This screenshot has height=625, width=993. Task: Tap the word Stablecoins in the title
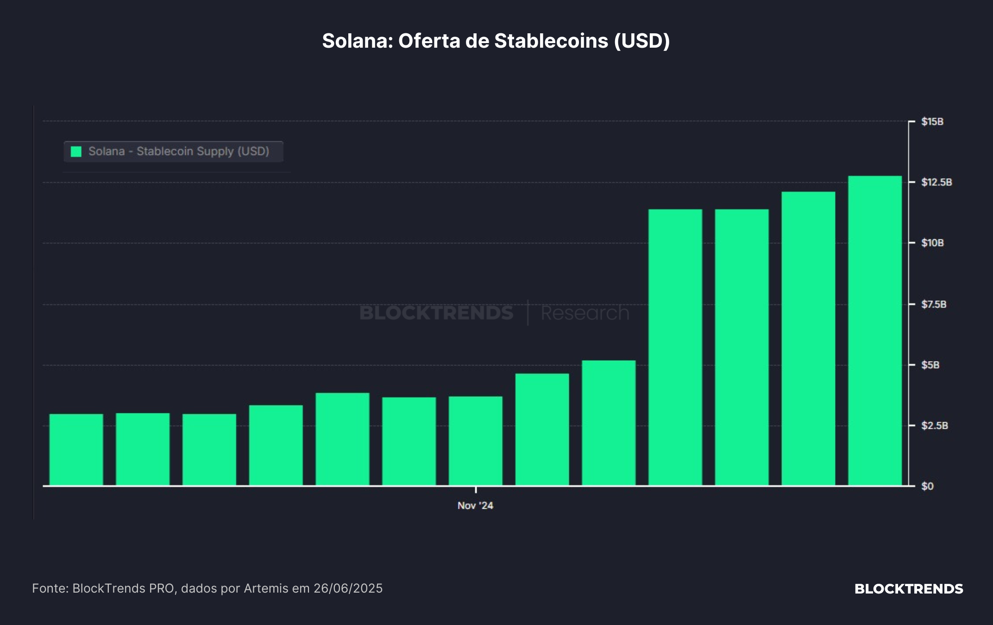(x=551, y=41)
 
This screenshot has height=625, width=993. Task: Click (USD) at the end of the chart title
(x=642, y=41)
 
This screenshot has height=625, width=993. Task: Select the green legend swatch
(x=76, y=151)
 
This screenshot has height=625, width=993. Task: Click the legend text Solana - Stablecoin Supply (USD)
(x=179, y=151)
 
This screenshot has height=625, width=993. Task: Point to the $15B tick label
(x=932, y=122)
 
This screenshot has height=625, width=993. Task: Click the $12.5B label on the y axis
(x=936, y=182)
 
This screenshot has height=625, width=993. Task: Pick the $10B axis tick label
(x=932, y=243)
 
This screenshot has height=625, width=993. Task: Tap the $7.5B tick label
(x=934, y=304)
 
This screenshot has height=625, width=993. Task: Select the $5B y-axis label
(x=930, y=365)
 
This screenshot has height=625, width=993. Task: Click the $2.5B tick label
(x=935, y=425)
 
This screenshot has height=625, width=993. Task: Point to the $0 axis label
(x=927, y=486)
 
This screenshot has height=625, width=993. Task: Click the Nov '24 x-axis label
(x=475, y=506)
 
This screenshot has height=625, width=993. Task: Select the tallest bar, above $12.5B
(x=875, y=331)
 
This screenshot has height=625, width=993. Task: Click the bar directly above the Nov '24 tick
(x=476, y=441)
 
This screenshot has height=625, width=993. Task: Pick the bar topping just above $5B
(x=609, y=423)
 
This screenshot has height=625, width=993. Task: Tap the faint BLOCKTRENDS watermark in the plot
(x=436, y=313)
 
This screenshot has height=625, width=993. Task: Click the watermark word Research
(x=585, y=313)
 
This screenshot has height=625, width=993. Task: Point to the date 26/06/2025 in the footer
(x=348, y=588)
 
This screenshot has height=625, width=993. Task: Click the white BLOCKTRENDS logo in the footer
(x=909, y=589)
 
